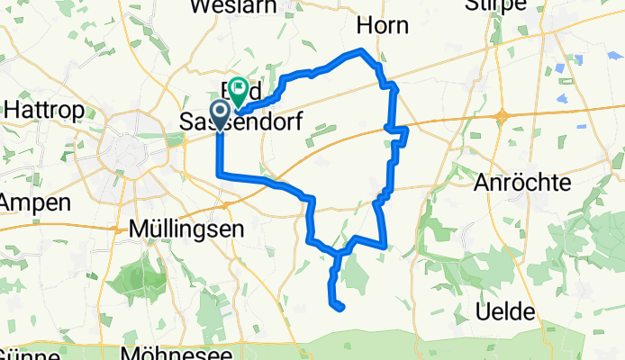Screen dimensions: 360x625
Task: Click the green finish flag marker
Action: click(240, 89)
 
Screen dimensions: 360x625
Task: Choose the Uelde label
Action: click(509, 311)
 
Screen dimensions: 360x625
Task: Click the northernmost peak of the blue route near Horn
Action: click(362, 50)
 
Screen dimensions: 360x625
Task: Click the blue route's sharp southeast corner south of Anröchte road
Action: click(386, 244)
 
